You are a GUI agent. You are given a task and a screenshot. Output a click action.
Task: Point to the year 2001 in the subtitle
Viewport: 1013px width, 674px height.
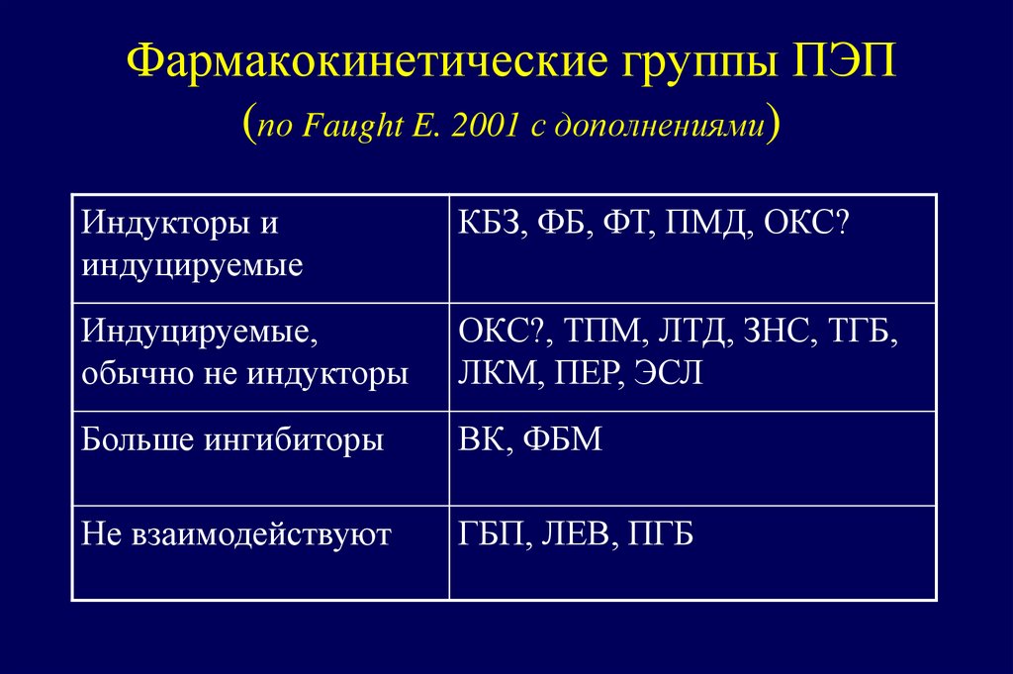(483, 128)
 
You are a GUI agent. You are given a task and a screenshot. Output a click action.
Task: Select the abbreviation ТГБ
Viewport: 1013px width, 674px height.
(863, 332)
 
